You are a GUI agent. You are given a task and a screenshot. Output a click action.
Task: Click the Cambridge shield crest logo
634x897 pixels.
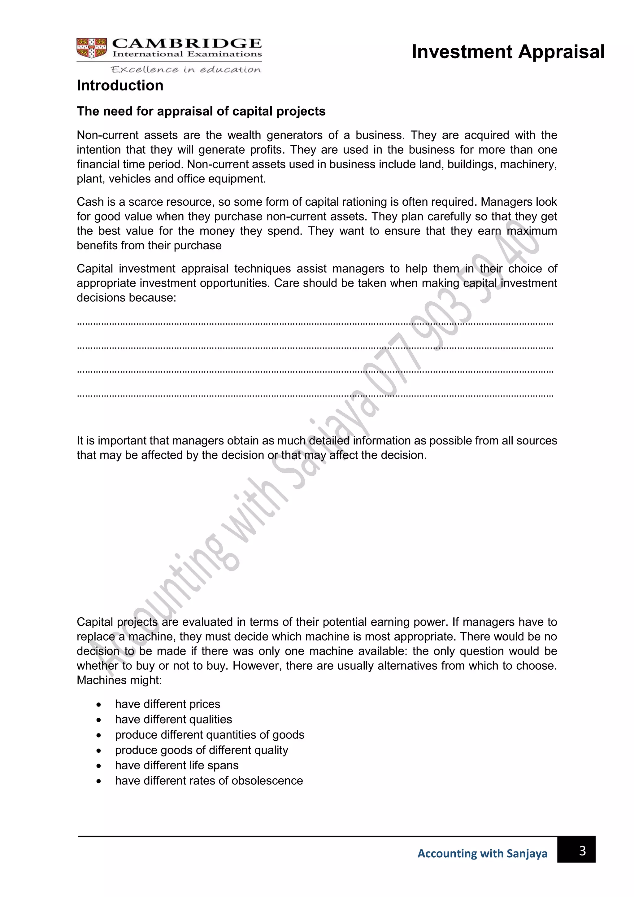[x=92, y=48]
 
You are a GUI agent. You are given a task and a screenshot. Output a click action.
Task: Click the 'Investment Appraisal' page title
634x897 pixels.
[x=508, y=52]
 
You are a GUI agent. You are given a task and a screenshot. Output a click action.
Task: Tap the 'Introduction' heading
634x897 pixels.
[x=120, y=85]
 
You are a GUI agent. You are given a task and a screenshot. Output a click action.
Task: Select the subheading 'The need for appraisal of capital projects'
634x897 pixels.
[x=201, y=111]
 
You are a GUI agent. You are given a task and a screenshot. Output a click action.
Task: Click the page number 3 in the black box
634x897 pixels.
[x=582, y=851]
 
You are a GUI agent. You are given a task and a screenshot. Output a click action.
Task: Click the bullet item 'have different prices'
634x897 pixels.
[x=167, y=704]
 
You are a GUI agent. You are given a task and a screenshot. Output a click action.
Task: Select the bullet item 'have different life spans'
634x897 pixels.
[x=176, y=765]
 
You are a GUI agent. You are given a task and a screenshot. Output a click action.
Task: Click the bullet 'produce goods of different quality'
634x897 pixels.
[x=202, y=750]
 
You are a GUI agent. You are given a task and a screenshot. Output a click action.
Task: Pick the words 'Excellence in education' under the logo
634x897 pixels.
[x=186, y=70]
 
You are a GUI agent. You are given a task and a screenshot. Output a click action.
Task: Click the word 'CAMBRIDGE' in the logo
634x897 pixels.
[x=187, y=43]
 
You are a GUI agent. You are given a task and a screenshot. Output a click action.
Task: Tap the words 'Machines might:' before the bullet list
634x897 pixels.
[x=119, y=680]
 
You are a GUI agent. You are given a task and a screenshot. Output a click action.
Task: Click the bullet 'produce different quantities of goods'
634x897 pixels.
[x=209, y=735]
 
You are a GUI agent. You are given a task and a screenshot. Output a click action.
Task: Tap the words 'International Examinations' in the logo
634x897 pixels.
[x=187, y=54]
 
